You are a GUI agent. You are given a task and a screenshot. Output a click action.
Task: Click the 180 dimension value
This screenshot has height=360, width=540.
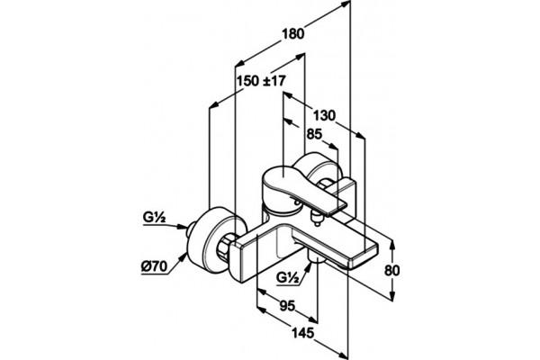click(x=293, y=34)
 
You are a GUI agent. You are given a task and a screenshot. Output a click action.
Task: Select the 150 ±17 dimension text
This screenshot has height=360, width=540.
click(x=261, y=81)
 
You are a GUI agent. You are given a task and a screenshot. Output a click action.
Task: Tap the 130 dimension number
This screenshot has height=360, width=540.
click(x=324, y=115)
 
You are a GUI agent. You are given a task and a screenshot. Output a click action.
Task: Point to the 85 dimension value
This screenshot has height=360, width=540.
click(x=314, y=134)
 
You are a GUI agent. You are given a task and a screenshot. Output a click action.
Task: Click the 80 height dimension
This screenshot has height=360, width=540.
click(x=391, y=270)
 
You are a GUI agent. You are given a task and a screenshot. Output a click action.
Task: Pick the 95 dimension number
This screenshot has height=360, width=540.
click(x=287, y=306)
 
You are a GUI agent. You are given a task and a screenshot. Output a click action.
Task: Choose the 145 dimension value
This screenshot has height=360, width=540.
click(x=303, y=333)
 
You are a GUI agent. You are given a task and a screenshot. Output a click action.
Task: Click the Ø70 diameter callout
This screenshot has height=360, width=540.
click(x=154, y=266)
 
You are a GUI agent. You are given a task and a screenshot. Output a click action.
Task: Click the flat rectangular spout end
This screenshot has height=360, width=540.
click(x=365, y=254)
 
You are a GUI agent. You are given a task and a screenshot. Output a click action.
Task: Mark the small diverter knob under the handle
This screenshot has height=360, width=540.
click(x=316, y=218)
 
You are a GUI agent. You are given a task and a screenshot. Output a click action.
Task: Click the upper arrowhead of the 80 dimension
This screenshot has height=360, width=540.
click(x=392, y=245)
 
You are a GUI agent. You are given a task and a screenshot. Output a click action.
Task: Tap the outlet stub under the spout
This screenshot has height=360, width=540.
click(x=316, y=257)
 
